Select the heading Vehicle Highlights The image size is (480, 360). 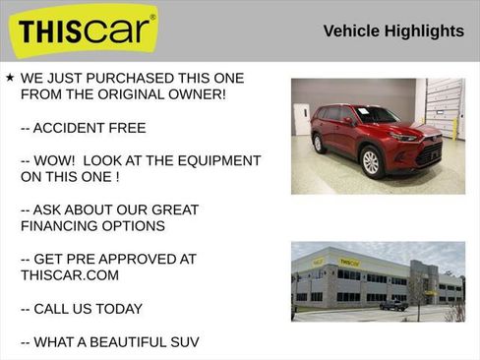coord(393,31)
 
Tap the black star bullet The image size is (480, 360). coord(9,77)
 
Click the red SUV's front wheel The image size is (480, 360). coord(372,162)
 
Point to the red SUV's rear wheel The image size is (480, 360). coord(318,143)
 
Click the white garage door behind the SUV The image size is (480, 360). coord(444,107)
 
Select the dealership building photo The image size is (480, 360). coord(378,281)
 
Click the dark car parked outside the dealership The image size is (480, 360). coord(393,305)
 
